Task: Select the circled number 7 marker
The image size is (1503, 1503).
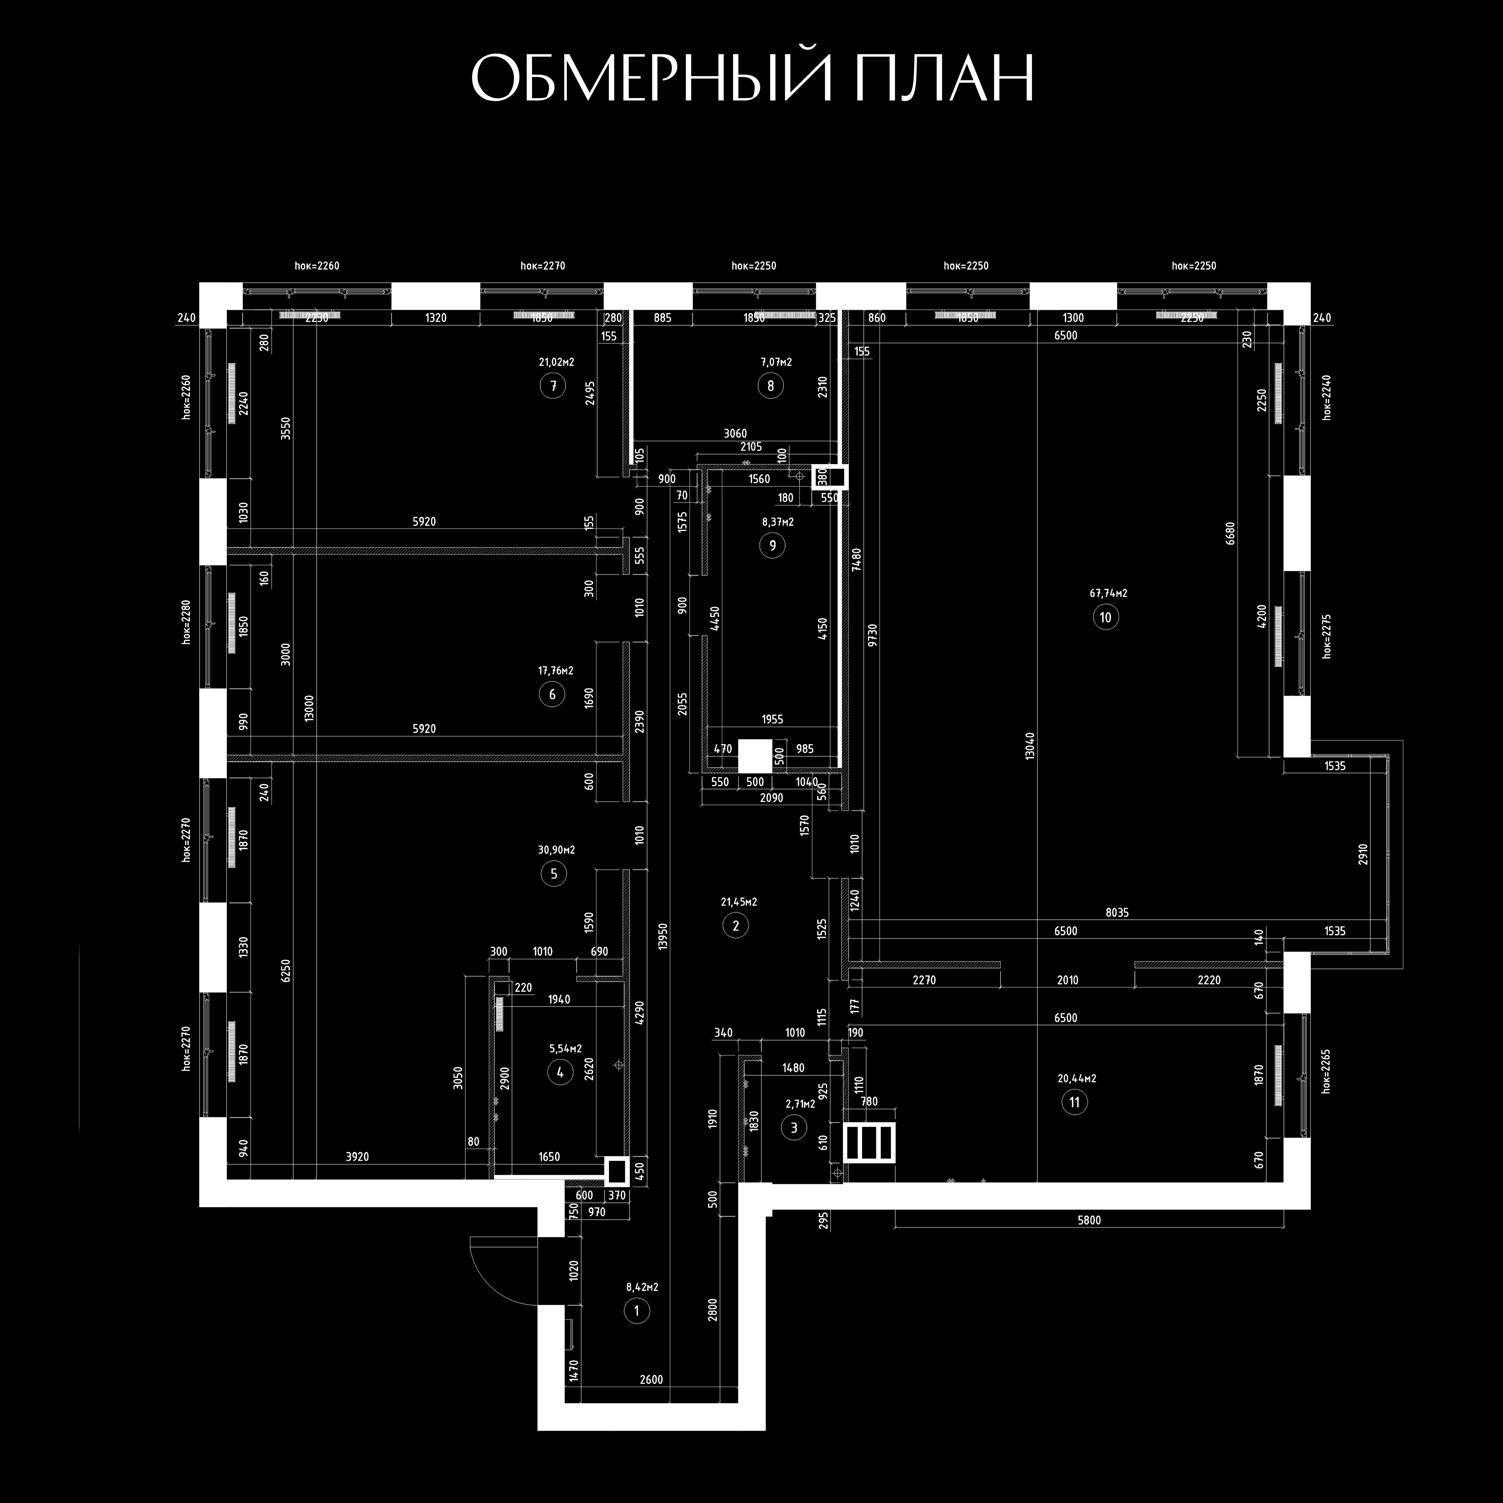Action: point(553,386)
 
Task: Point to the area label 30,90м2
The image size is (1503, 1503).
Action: point(556,850)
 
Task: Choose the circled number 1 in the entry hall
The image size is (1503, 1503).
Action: point(636,1311)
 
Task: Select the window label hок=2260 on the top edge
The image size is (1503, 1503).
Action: point(317,266)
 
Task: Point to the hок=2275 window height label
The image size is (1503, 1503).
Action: point(1326,636)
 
